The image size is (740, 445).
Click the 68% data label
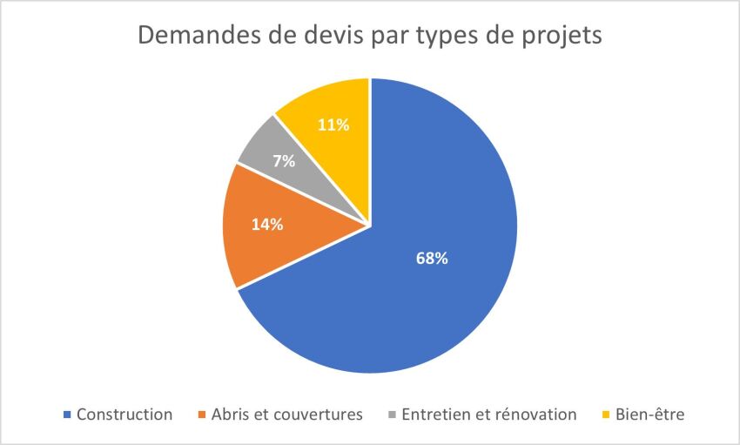pyautogui.click(x=431, y=259)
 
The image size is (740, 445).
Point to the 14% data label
pyautogui.click(x=267, y=225)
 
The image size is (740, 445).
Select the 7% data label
pyautogui.click(x=284, y=161)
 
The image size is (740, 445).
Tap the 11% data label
pyautogui.click(x=333, y=125)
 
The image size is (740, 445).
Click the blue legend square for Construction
pyautogui.click(x=67, y=415)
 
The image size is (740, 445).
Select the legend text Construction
pyautogui.click(x=124, y=415)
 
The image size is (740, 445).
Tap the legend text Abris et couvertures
pyautogui.click(x=286, y=415)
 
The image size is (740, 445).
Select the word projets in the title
pyautogui.click(x=562, y=39)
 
